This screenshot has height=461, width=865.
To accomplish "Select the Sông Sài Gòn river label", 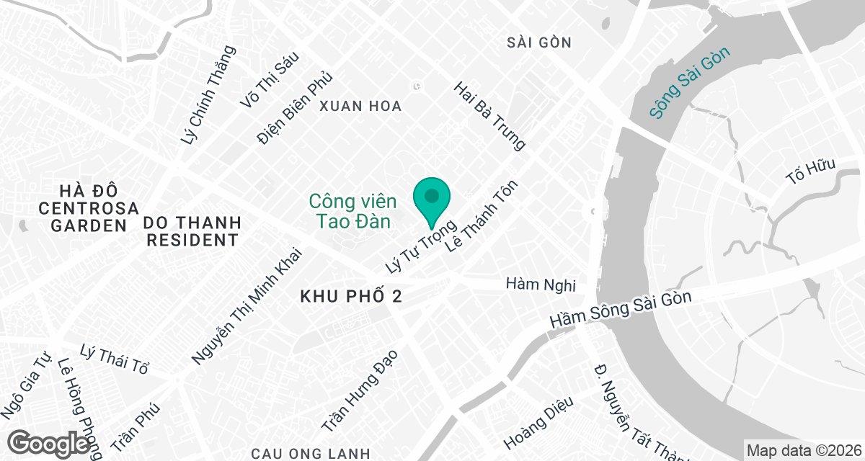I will pos(689,82).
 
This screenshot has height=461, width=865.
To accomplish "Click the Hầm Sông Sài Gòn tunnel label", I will pos(621,309).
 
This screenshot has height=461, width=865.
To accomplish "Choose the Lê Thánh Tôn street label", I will pos(482,215).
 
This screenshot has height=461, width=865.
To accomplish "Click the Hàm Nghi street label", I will pos(541,284).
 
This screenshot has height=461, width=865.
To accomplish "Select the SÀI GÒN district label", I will pos(539,42).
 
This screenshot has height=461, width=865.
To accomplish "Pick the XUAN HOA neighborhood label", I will pos(360,106).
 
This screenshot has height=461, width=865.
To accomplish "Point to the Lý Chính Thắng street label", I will pos(209,94).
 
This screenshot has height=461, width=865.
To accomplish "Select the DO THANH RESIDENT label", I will pos(192,230).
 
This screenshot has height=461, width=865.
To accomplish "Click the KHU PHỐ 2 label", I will pos(350,297).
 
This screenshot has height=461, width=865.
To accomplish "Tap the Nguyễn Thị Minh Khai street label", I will pos(247,306).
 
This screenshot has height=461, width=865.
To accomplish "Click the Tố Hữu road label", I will pos(811,173).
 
